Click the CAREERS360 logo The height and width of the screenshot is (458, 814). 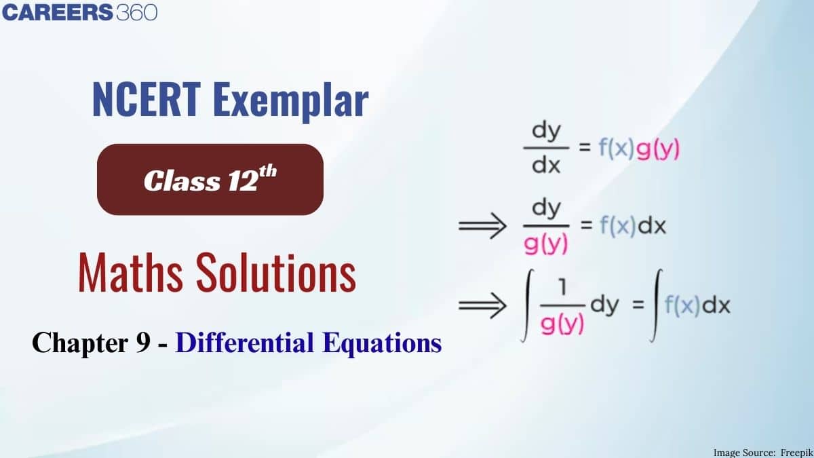[x=81, y=12]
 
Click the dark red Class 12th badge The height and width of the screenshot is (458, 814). [x=210, y=179]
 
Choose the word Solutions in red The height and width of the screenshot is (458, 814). [x=277, y=273]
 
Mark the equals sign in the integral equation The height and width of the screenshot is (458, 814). [x=637, y=306]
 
